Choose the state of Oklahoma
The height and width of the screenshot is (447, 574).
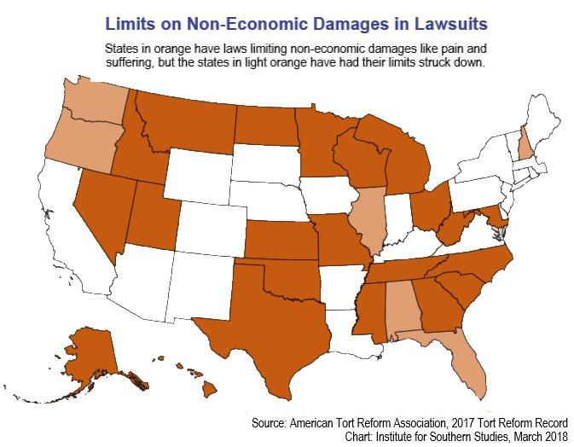click(x=286, y=276)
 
